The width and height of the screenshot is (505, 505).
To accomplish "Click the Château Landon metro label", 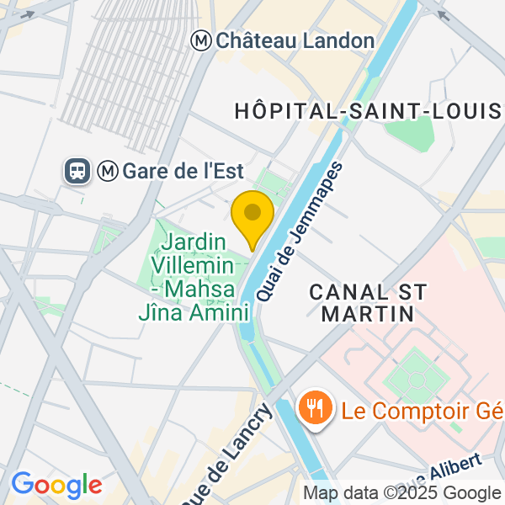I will tap(295, 40).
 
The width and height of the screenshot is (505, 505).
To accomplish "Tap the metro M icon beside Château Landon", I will tap(202, 40).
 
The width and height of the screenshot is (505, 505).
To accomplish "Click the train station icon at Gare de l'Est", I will tap(77, 172).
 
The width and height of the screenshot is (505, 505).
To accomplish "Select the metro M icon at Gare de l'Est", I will tap(108, 172).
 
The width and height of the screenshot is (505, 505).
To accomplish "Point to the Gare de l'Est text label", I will tap(183, 172).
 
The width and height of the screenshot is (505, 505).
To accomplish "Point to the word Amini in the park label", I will tap(223, 312).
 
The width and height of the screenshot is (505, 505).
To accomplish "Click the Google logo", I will tap(56, 485).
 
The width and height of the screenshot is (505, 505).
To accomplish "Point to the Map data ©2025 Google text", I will tap(401, 493).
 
